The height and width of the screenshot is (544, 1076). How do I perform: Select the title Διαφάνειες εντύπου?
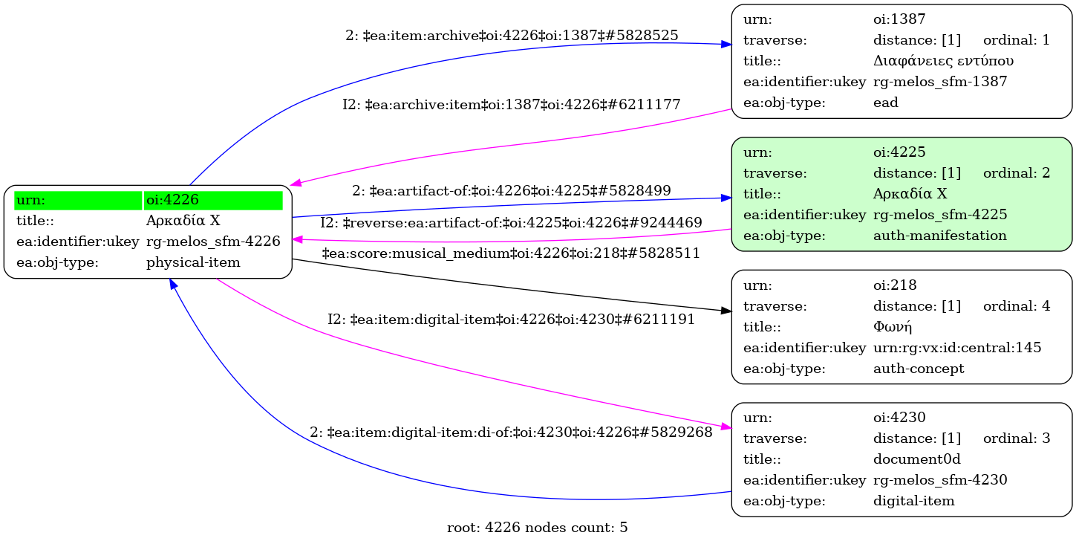943,61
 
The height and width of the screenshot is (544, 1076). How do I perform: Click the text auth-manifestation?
939,236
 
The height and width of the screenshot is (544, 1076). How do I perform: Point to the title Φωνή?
892,327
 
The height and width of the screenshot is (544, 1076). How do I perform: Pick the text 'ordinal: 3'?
1016,438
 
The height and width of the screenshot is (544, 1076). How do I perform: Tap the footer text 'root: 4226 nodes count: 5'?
537,528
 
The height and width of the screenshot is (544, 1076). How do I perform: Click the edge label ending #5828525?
512,35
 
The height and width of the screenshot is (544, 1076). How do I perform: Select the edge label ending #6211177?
512,105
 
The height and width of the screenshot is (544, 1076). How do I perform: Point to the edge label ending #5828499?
512,191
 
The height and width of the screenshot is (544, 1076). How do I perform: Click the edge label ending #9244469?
512,222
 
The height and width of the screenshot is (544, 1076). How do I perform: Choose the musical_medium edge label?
512,253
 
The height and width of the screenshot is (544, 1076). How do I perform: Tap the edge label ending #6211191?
512,320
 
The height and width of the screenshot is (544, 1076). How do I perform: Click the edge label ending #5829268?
512,432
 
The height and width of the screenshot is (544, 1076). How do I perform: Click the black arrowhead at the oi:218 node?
726,311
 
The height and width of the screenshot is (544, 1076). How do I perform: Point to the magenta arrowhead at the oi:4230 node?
726,427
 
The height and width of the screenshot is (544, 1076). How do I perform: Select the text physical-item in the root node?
192,262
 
